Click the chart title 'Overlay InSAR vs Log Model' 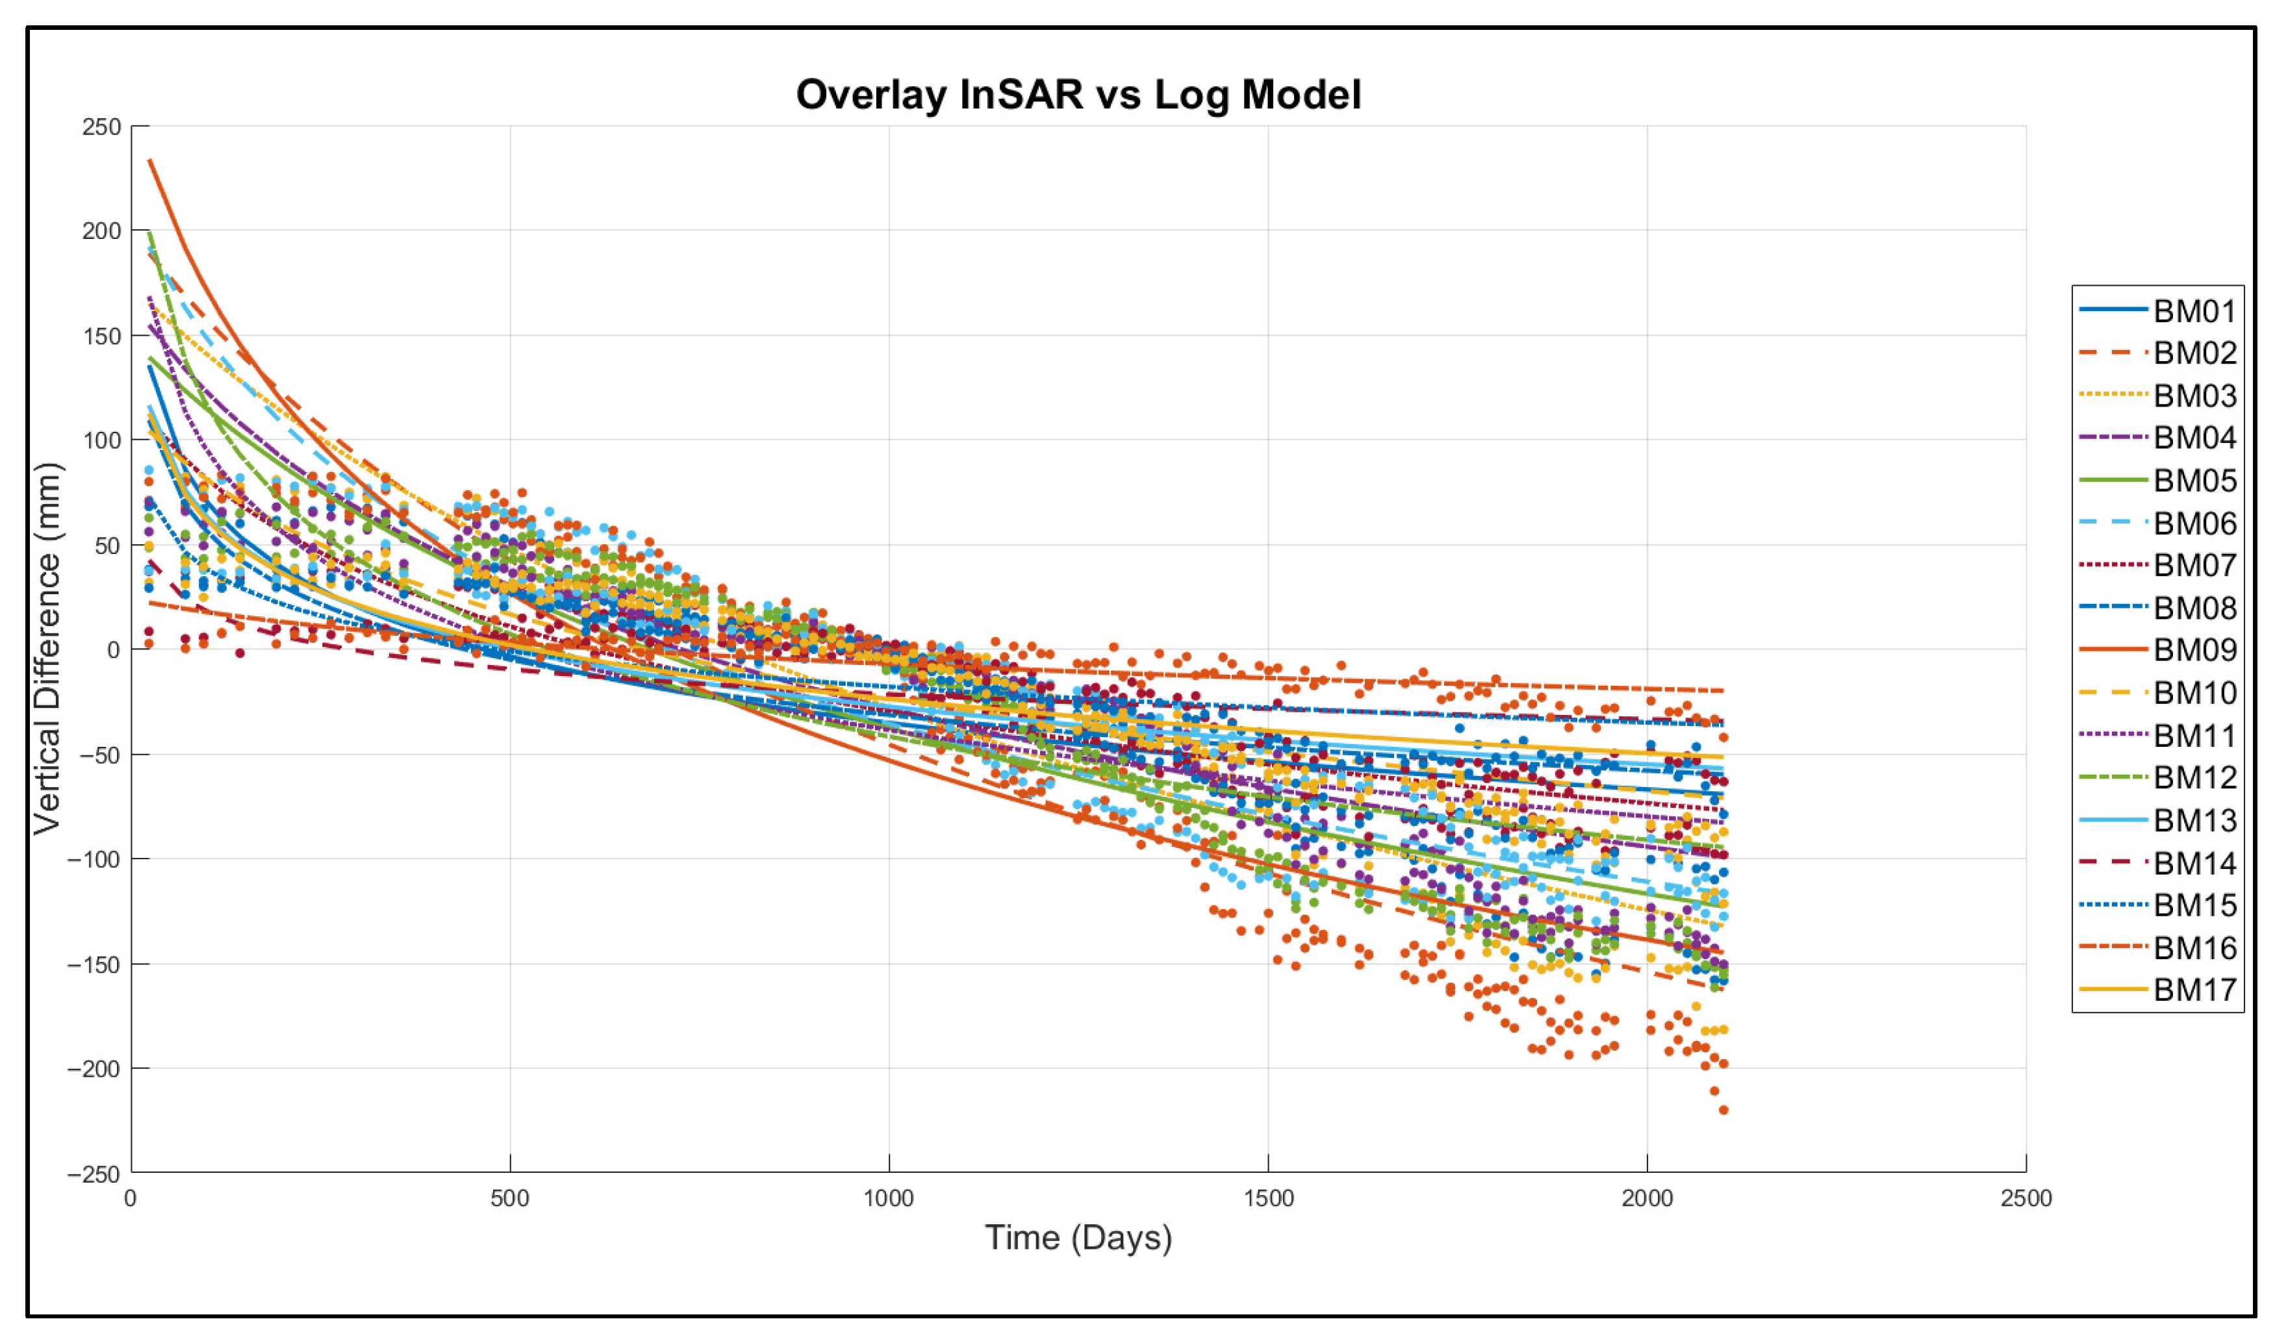(1078, 95)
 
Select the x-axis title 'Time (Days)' (1078, 1238)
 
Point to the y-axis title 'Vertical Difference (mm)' (47, 649)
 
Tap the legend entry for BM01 (2157, 310)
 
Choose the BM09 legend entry (2157, 650)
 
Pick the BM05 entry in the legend (2157, 481)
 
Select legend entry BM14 (2157, 863)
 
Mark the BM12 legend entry (2157, 777)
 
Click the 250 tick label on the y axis (101, 127)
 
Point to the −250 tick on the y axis (94, 1174)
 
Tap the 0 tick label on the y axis (113, 650)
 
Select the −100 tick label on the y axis (94, 859)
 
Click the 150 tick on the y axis (101, 336)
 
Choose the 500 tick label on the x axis (510, 1198)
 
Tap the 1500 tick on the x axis (1267, 1198)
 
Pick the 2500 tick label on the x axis (2026, 1198)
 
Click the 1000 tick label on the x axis (889, 1198)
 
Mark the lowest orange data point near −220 (1723, 1111)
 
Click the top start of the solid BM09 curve (149, 160)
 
